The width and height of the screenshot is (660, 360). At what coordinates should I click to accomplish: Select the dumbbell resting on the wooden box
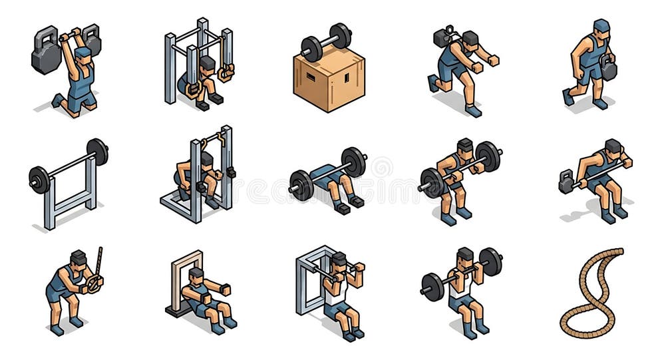click(x=326, y=41)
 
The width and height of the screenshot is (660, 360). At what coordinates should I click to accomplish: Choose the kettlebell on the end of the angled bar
click(x=566, y=182)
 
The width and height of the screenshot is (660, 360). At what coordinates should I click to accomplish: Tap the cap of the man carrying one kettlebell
click(x=601, y=25)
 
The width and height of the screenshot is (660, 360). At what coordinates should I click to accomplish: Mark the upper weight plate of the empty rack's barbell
click(x=97, y=151)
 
